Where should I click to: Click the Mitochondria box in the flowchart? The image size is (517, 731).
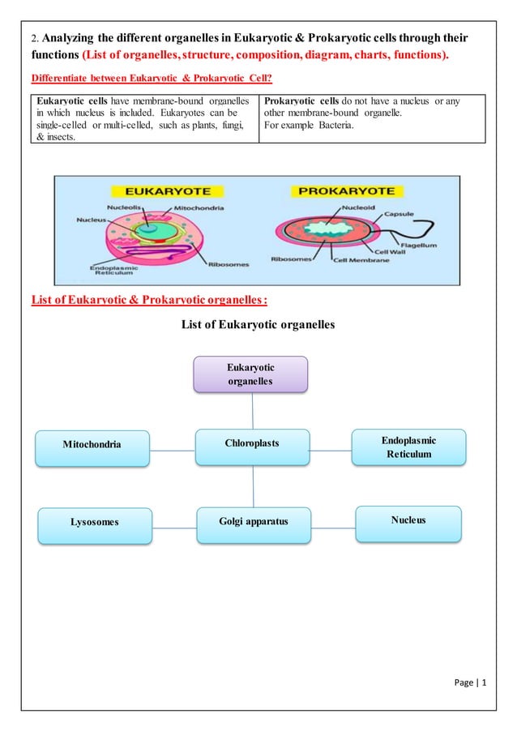click(x=93, y=445)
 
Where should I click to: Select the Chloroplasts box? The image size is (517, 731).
click(x=252, y=444)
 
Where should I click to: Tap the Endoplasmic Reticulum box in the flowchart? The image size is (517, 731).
click(x=408, y=447)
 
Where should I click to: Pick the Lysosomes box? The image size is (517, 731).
click(x=94, y=523)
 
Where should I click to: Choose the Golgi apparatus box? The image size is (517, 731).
click(x=253, y=521)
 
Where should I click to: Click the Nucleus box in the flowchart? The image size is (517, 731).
click(x=408, y=519)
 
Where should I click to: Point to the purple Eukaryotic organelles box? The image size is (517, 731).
click(x=251, y=374)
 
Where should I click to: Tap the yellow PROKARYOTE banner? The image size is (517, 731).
click(x=348, y=192)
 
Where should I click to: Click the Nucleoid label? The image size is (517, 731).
click(x=359, y=207)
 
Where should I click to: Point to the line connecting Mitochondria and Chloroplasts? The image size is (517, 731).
click(x=173, y=449)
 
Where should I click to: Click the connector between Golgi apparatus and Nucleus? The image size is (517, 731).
click(x=331, y=528)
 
